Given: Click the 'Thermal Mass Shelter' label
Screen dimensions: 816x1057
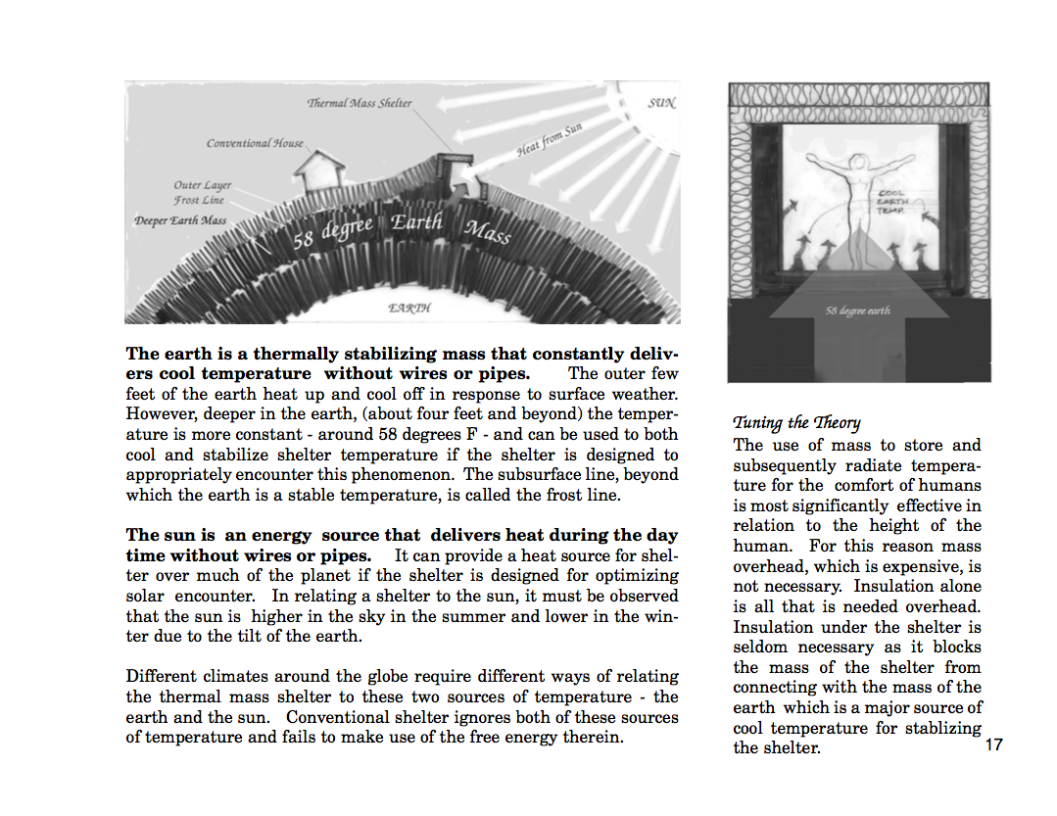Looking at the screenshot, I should [x=359, y=103].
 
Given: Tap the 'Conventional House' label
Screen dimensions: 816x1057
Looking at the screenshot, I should [x=255, y=143].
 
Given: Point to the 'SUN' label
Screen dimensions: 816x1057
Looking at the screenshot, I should [x=661, y=103].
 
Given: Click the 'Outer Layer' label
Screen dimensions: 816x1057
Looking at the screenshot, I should [x=203, y=185].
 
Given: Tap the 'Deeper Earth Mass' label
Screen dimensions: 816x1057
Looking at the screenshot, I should [x=180, y=220].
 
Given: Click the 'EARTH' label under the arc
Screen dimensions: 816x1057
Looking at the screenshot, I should [x=409, y=308].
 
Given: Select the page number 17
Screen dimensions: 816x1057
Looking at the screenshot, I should [x=993, y=745].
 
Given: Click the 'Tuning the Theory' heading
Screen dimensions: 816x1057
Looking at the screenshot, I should [x=796, y=422].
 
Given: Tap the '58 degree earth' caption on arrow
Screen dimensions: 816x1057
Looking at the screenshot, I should [x=858, y=311].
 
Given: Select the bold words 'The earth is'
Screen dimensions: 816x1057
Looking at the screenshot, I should [x=169, y=354].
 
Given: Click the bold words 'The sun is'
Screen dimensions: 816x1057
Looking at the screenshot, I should [x=164, y=535].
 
